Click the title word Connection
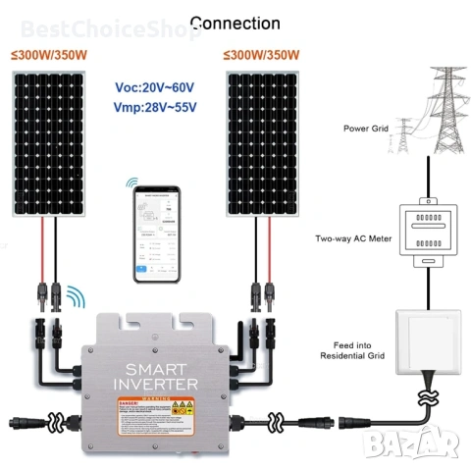coord(235,23)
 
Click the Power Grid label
coord(366,129)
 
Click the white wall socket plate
coord(427,343)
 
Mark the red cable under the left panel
coord(41,250)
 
